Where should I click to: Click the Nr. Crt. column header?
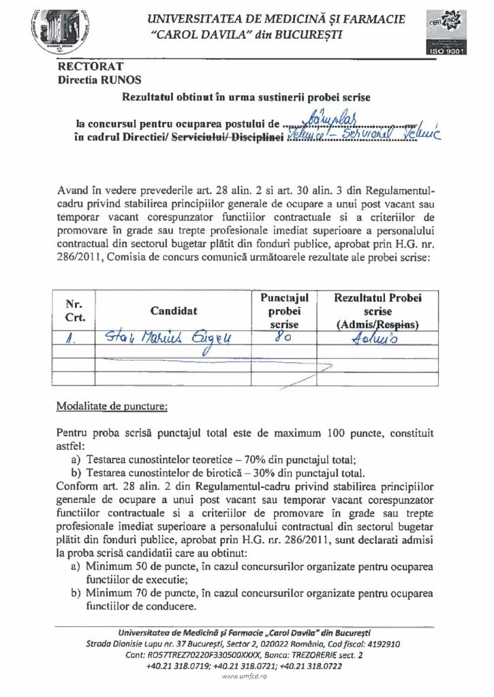click(x=74, y=310)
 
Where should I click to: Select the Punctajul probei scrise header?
click(x=285, y=311)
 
